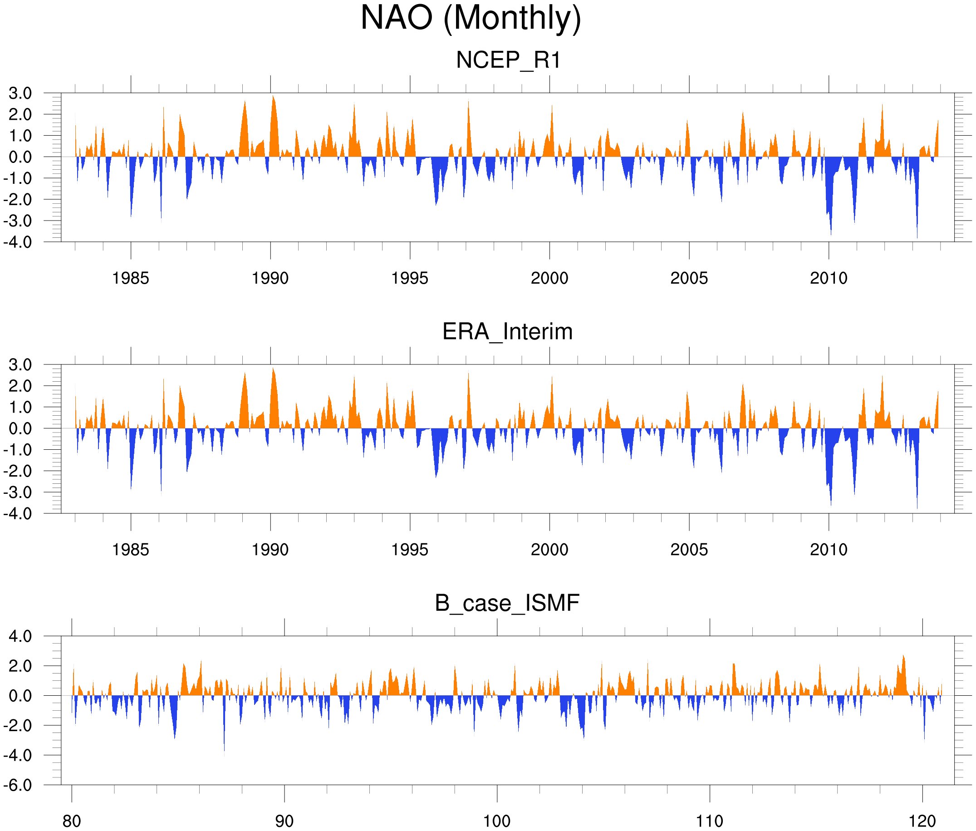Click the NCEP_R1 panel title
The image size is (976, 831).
pyautogui.click(x=508, y=60)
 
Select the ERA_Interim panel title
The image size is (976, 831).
pyautogui.click(x=507, y=332)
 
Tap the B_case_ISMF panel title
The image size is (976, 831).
pyautogui.click(x=507, y=603)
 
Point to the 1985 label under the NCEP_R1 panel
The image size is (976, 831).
pyautogui.click(x=131, y=278)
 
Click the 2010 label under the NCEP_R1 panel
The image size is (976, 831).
pyautogui.click(x=828, y=278)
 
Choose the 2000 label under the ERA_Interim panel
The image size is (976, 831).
pyautogui.click(x=549, y=550)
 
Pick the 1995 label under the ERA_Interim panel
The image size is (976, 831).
pyautogui.click(x=409, y=550)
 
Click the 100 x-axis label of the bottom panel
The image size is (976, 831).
pyautogui.click(x=497, y=821)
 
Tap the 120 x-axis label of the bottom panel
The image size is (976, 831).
pyautogui.click(x=922, y=821)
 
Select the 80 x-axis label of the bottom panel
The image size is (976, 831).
pyautogui.click(x=72, y=821)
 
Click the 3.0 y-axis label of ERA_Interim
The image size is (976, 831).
pyautogui.click(x=20, y=364)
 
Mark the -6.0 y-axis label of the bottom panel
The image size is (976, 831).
pyautogui.click(x=18, y=785)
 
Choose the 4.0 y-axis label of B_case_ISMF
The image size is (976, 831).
pyautogui.click(x=20, y=636)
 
